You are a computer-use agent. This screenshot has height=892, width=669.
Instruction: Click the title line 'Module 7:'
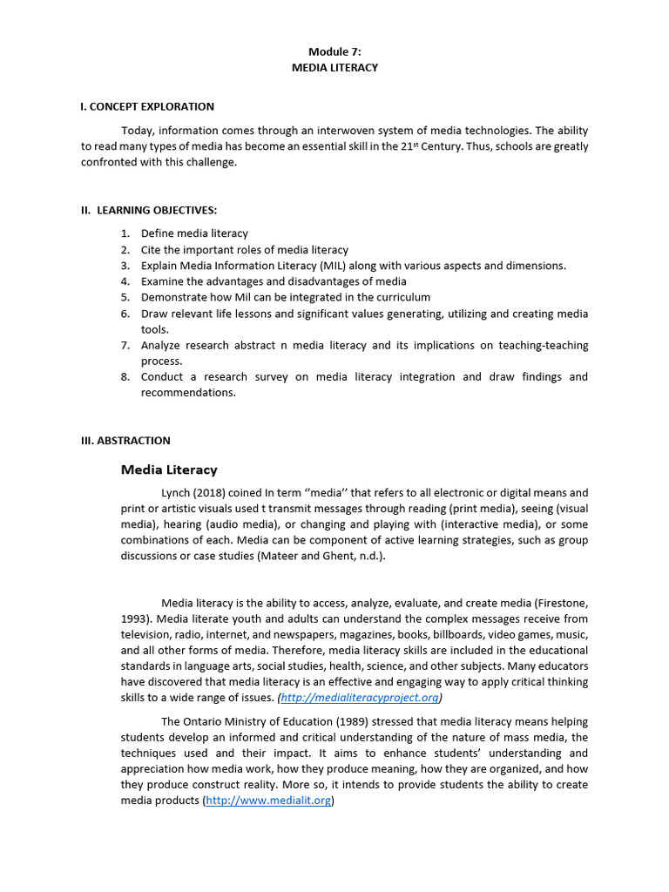click(335, 51)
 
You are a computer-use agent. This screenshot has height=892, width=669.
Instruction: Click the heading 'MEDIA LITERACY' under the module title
click(335, 67)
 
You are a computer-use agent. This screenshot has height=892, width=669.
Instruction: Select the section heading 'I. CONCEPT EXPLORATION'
click(147, 106)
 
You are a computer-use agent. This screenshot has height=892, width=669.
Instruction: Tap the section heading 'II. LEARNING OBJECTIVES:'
click(149, 210)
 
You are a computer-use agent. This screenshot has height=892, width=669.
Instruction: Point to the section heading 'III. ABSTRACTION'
click(125, 441)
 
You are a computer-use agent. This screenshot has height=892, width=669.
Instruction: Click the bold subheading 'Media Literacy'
click(169, 470)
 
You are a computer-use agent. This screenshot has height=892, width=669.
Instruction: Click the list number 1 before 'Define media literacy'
click(125, 233)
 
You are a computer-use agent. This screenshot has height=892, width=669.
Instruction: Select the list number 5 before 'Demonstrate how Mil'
click(125, 297)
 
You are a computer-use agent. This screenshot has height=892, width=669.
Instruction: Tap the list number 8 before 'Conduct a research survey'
click(125, 377)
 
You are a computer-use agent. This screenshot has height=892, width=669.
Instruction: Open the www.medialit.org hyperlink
click(268, 801)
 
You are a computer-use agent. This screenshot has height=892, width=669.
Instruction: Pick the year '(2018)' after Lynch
click(213, 493)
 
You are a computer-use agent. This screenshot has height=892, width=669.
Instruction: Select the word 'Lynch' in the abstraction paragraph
click(177, 493)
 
